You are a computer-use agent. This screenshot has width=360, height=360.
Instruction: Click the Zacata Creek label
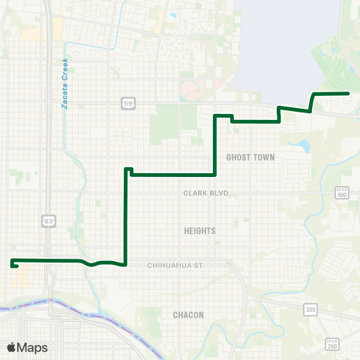tap(65, 83)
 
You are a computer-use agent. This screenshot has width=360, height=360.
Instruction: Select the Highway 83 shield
tap(49, 220)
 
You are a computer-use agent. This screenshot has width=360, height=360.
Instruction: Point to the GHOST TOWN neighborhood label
tap(250, 157)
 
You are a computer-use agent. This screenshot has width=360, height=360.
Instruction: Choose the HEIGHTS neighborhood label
tap(199, 231)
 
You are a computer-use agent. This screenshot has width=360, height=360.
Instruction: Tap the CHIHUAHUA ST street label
tap(175, 265)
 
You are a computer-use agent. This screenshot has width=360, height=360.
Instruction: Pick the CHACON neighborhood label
tap(188, 315)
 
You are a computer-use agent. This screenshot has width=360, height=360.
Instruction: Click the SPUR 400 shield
tap(342, 193)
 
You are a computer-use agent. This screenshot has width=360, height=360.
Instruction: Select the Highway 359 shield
tap(310, 308)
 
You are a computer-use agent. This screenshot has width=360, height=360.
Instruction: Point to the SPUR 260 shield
tap(333, 343)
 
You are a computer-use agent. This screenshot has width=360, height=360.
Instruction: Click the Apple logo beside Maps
tap(12, 347)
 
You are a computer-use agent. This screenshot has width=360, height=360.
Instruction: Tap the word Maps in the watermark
tap(32, 347)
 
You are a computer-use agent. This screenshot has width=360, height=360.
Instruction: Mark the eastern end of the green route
tap(349, 93)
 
